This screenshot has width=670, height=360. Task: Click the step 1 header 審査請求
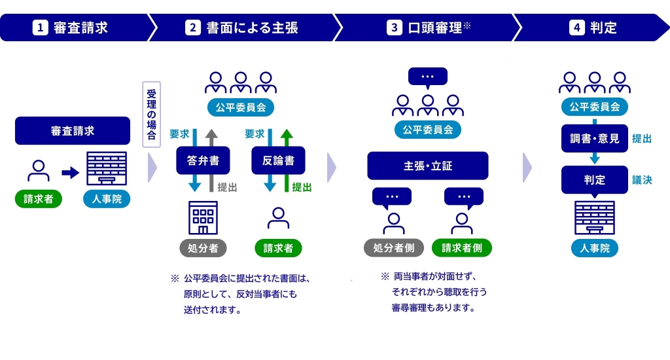[72, 27]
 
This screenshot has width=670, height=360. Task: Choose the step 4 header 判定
[593, 27]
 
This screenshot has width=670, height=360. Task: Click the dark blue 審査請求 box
[73, 131]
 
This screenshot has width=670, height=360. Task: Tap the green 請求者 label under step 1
[39, 199]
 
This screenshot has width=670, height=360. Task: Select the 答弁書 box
[203, 160]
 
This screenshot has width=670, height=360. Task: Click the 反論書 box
[278, 160]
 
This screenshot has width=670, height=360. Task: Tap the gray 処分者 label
[203, 248]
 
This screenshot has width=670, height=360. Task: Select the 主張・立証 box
[427, 166]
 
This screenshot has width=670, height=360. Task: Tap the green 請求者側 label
[462, 248]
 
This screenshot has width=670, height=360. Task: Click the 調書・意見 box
[594, 138]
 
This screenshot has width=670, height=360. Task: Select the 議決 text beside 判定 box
[642, 180]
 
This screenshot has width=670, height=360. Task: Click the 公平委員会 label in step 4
[594, 107]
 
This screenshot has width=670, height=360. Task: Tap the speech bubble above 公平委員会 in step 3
[427, 77]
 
